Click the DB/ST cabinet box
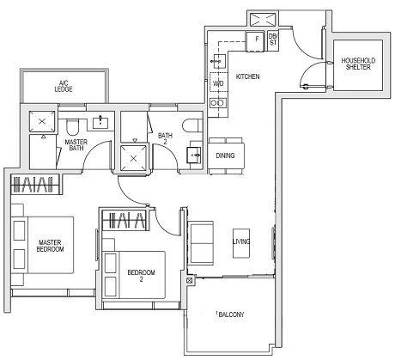(273, 40)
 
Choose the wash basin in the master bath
(103, 121)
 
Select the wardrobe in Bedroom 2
(124, 220)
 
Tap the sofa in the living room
(202, 242)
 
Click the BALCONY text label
(229, 315)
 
